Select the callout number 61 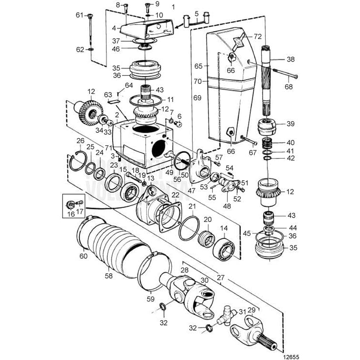(x=80, y=15)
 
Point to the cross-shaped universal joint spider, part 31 (x=226, y=316)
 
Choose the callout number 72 (x=258, y=36)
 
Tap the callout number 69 (x=197, y=97)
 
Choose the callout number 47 (x=191, y=190)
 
